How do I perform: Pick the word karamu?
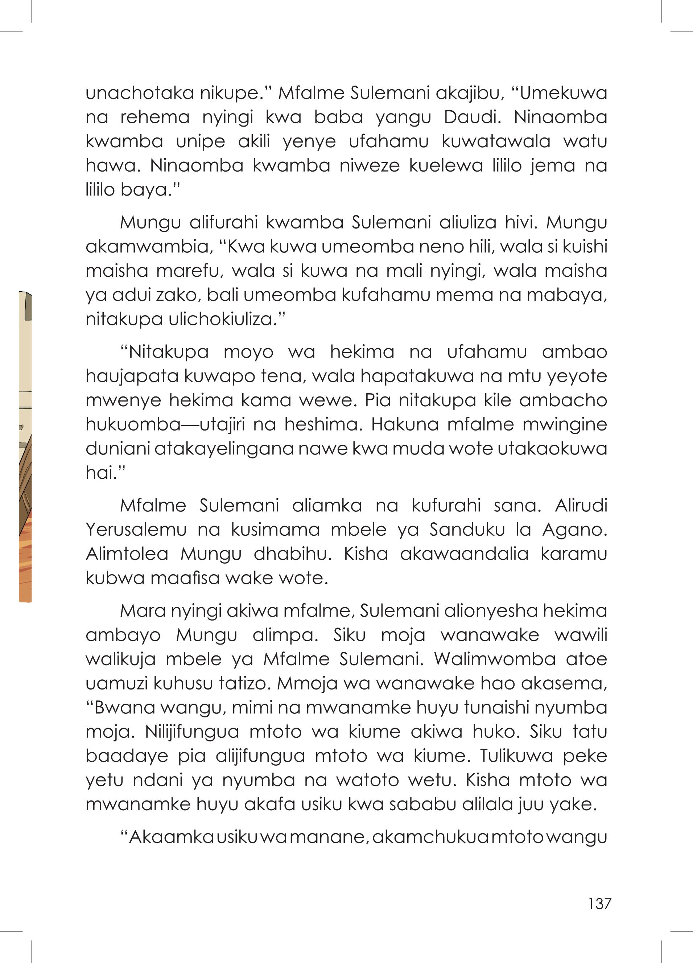click(x=573, y=554)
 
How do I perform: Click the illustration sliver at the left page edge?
click(x=25, y=446)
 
